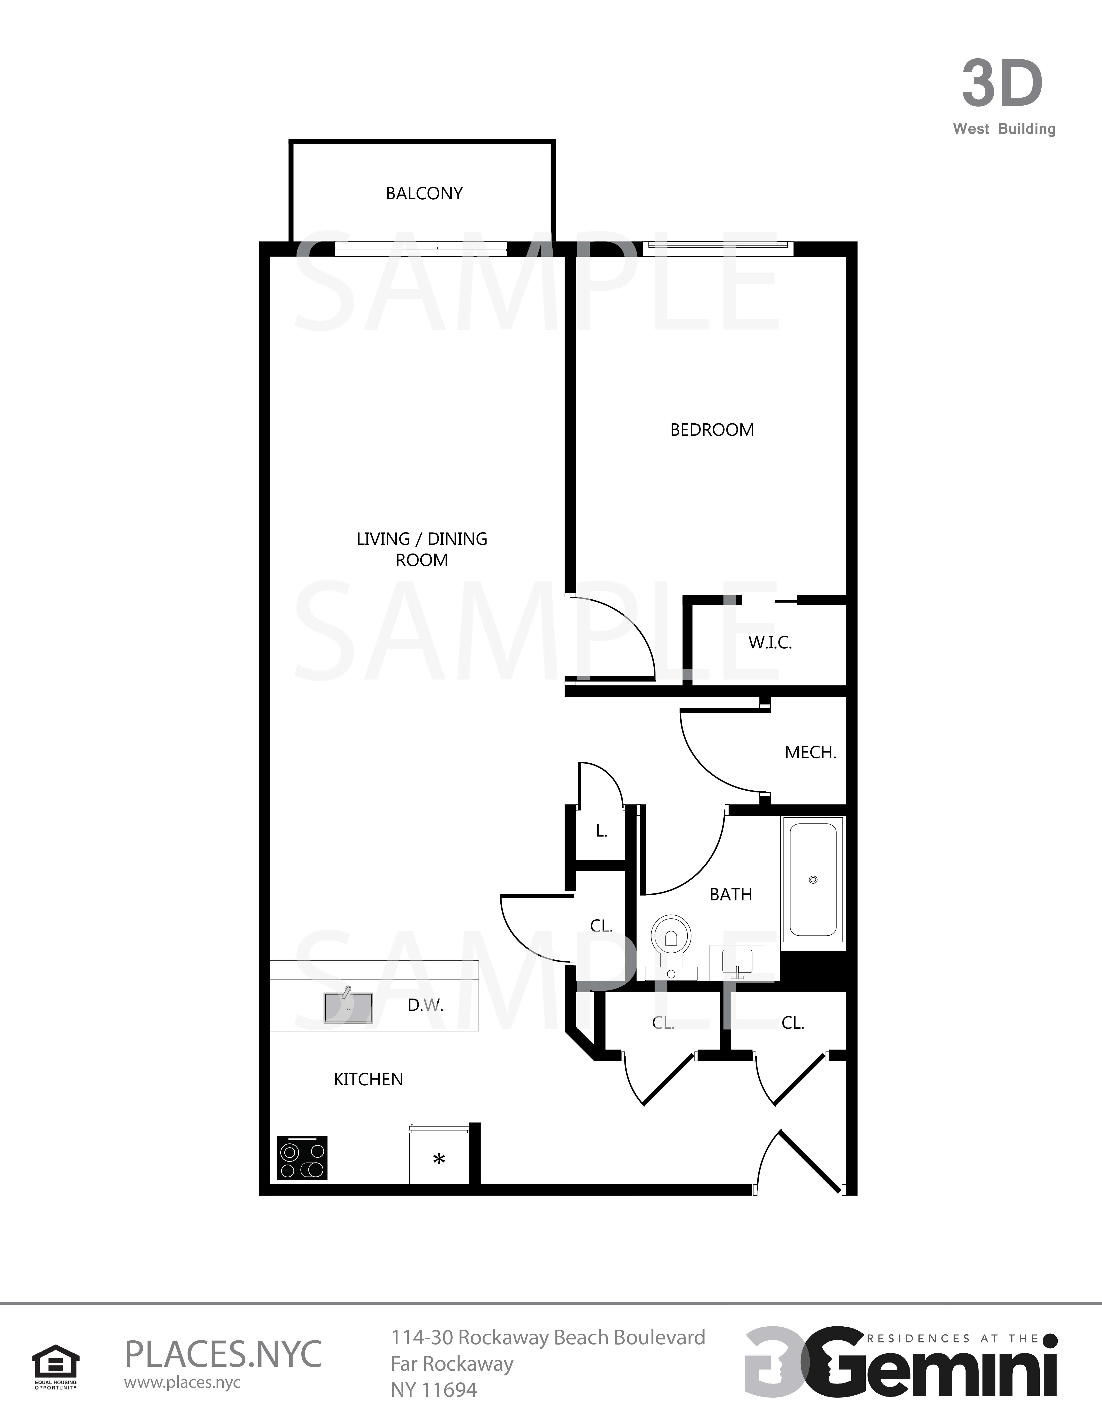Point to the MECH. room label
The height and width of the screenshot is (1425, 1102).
pyautogui.click(x=810, y=752)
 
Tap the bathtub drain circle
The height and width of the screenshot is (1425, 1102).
pyautogui.click(x=813, y=879)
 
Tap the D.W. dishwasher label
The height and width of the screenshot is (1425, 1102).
pyautogui.click(x=426, y=1006)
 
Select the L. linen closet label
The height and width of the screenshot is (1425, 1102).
pyautogui.click(x=601, y=831)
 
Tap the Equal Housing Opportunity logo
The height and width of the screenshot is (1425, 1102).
pyautogui.click(x=56, y=1367)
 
